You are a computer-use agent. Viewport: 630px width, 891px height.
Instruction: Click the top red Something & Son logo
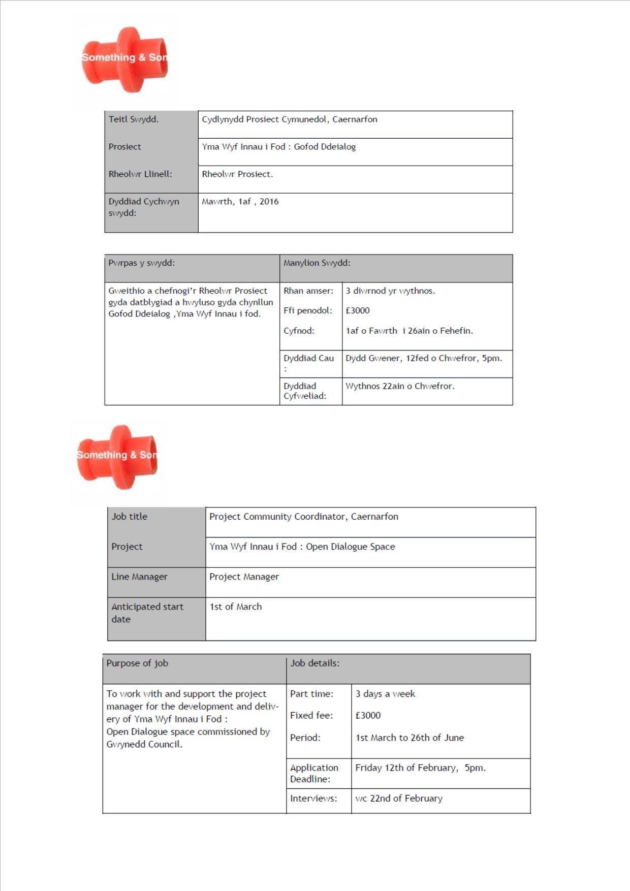[x=124, y=59]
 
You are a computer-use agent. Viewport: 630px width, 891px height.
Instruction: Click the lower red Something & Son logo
[x=118, y=457]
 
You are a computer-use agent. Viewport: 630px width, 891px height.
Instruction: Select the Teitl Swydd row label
[x=134, y=119]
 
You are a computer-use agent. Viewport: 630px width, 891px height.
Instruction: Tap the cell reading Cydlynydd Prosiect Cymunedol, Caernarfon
[x=289, y=119]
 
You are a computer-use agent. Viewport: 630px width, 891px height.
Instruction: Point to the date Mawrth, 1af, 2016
[x=240, y=202]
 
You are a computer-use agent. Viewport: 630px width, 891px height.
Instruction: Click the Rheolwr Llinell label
[x=140, y=174]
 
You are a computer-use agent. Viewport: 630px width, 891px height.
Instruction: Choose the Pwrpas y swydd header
[x=141, y=263]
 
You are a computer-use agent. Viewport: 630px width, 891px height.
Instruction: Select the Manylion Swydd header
[x=317, y=263]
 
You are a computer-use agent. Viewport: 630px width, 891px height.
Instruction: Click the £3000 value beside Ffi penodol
[x=358, y=310]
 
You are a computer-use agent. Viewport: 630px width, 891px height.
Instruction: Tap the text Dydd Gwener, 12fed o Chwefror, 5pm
[x=424, y=358]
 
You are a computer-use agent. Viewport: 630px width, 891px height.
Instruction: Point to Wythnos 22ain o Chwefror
[x=400, y=386]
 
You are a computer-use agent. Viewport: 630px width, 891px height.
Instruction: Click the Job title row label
[x=130, y=517]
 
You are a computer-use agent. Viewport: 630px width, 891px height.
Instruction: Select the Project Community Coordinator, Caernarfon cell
[x=303, y=517]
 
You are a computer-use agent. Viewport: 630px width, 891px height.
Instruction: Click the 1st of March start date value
[x=235, y=607]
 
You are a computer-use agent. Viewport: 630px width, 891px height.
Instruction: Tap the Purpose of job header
[x=137, y=663]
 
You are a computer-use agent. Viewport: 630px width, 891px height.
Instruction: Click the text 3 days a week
[x=385, y=694]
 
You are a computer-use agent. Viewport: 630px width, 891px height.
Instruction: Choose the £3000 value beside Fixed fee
[x=368, y=715]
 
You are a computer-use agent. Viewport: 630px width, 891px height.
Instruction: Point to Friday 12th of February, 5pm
[x=420, y=768]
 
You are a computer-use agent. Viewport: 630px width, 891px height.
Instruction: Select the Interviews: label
[x=313, y=799]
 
